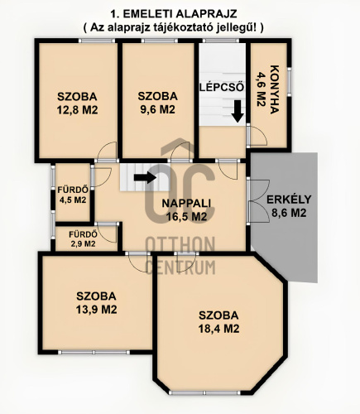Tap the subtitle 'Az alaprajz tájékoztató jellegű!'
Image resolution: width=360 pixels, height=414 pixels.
(x=174, y=27)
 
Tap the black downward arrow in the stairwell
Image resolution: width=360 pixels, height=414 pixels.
(x=238, y=111)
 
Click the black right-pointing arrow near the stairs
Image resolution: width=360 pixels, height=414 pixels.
(x=145, y=176)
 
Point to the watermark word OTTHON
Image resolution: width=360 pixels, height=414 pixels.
(x=180, y=245)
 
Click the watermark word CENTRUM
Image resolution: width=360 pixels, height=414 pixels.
(x=180, y=267)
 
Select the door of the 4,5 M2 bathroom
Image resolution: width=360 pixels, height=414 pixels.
(x=101, y=175)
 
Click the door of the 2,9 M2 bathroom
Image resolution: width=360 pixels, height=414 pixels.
(x=105, y=230)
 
